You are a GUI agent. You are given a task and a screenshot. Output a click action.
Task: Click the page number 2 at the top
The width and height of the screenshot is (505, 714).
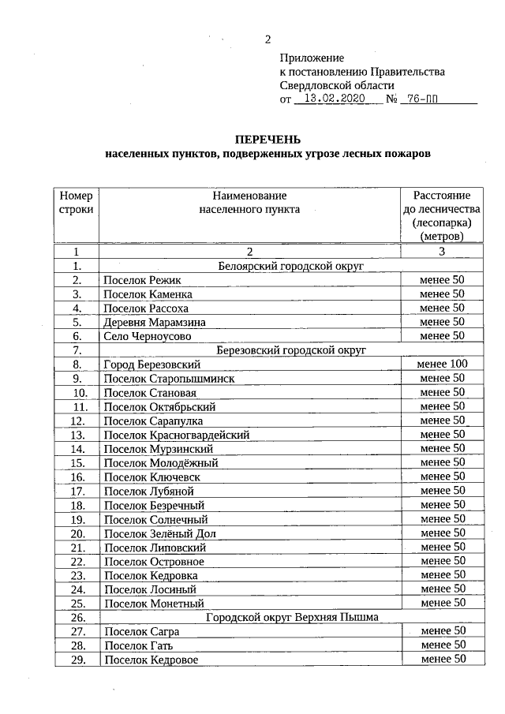268,39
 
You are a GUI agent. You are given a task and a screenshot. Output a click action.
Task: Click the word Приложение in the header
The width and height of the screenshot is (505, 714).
312,58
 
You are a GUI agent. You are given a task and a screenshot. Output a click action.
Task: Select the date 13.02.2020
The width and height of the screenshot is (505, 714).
332,100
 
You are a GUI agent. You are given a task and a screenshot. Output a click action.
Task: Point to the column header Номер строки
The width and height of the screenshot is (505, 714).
77,202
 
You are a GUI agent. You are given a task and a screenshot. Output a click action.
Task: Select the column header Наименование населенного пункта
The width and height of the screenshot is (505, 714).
249,202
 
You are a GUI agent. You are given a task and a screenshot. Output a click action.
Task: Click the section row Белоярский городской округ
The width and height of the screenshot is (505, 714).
290,266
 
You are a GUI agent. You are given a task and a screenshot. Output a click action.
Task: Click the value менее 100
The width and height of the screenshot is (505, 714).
442,364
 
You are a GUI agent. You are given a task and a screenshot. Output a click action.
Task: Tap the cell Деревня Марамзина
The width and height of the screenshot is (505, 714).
154,322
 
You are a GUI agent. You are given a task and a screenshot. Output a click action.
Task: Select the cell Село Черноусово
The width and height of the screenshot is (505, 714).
147,336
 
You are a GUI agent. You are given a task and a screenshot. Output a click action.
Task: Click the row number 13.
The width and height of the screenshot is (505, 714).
77,435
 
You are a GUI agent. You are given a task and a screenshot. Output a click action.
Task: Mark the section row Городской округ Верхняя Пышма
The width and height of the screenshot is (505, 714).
292,617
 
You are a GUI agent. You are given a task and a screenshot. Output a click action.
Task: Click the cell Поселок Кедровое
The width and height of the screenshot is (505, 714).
151,660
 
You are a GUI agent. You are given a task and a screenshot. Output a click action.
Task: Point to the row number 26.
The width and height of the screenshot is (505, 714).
77,618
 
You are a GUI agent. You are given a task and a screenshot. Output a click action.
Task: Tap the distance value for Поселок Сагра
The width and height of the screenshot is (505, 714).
442,631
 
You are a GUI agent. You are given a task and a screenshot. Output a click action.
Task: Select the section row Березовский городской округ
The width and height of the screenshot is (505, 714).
290,350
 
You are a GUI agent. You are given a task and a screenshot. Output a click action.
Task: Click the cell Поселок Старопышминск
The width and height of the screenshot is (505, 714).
169,379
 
